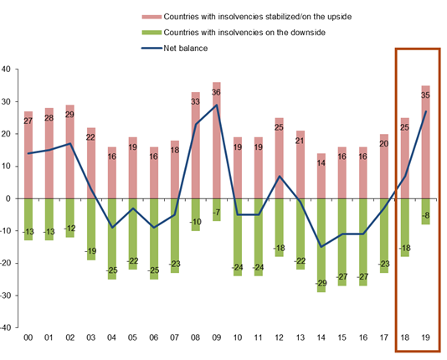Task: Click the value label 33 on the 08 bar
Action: (195, 101)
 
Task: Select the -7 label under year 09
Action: (216, 214)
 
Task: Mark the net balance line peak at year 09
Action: (216, 105)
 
